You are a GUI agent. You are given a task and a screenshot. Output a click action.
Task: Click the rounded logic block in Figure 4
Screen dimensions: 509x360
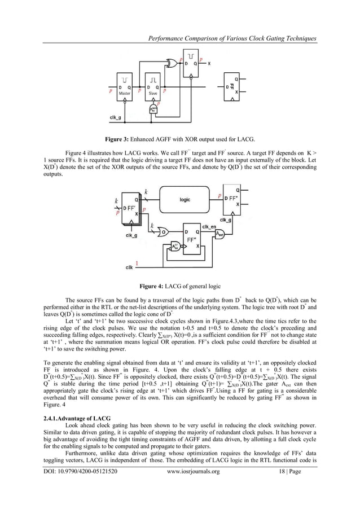coord(185,199)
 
